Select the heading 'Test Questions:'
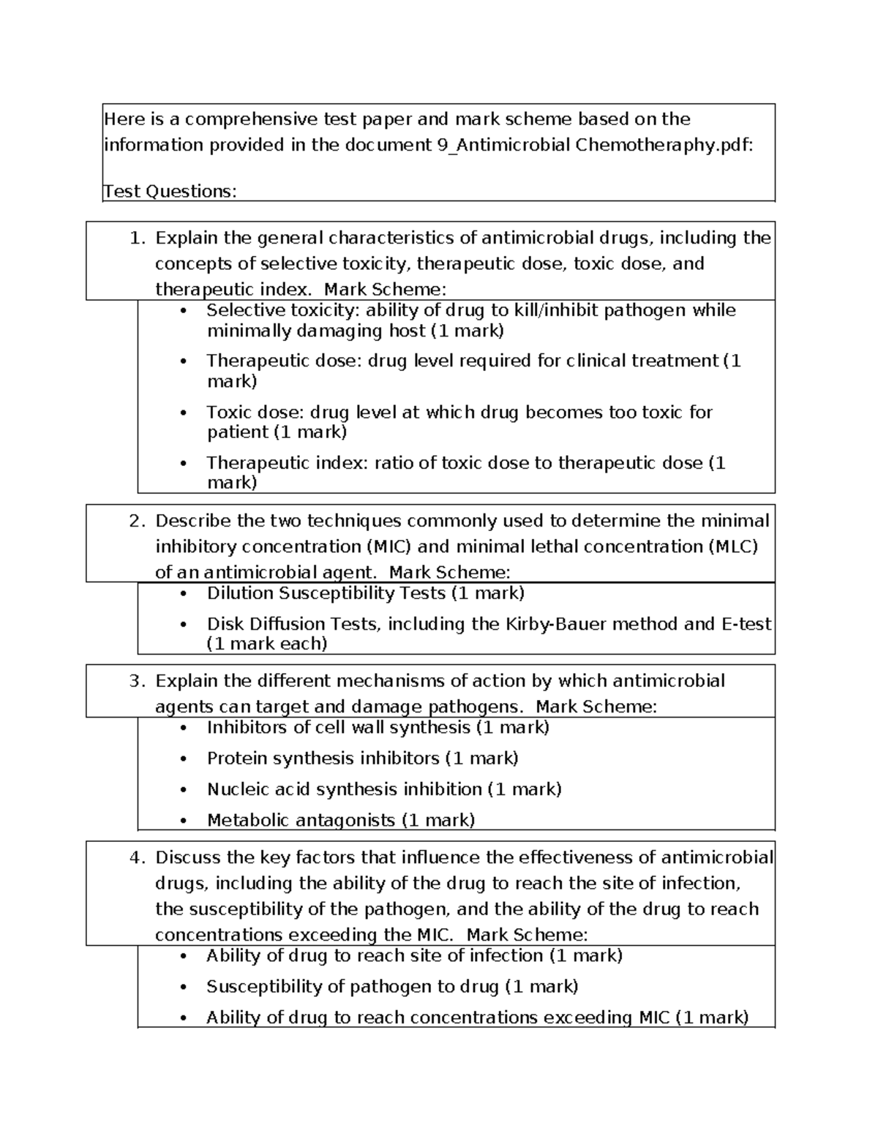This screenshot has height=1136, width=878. click(x=170, y=192)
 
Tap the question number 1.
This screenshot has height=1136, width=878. click(x=136, y=238)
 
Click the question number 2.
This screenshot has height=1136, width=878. click(x=136, y=522)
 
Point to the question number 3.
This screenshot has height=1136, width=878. click(x=136, y=681)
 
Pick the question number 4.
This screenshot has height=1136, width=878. click(x=136, y=858)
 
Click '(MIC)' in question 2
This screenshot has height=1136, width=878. click(x=387, y=547)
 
